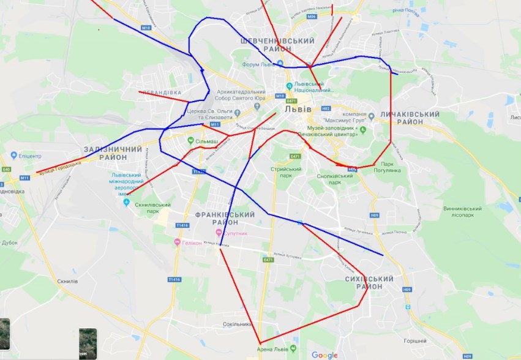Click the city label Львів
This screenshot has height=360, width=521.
coord(298,109)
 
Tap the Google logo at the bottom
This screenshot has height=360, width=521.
coord(324,355)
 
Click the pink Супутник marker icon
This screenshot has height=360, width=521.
coord(219,234)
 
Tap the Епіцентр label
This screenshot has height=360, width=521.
coord(29,156)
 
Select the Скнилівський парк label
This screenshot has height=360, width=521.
coord(152,208)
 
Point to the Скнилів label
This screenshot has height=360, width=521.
coord(66,281)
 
